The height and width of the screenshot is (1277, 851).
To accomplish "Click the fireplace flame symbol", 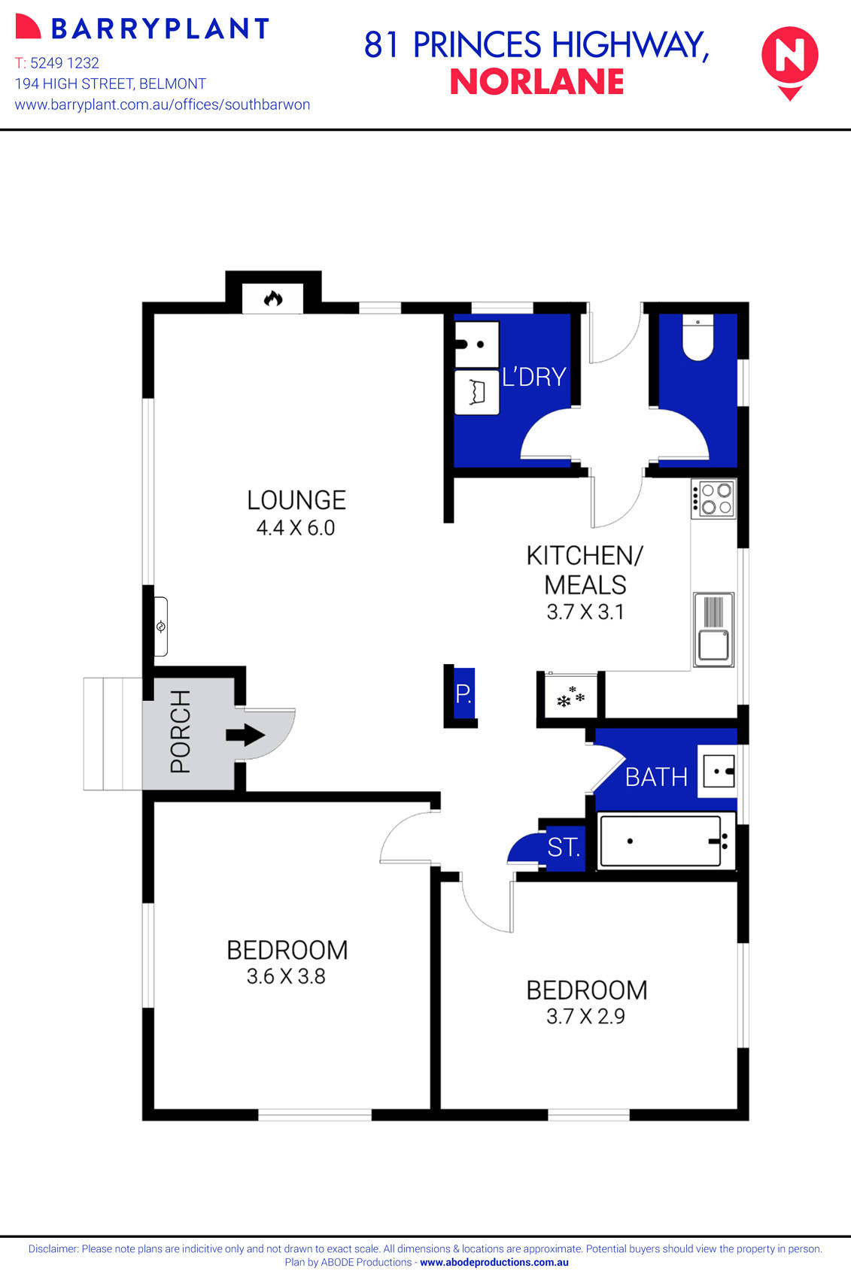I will click(272, 299).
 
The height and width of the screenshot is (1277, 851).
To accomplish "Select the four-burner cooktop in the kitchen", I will click(713, 499).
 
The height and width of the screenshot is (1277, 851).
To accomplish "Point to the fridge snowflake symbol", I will click(570, 697).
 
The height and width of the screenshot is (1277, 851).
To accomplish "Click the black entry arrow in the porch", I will click(245, 735).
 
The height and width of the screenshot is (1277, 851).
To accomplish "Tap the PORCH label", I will click(181, 732).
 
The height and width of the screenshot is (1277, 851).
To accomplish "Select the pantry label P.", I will click(463, 693).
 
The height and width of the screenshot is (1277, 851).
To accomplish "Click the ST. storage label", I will click(564, 848).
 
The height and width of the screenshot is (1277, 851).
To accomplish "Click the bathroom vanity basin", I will click(718, 771).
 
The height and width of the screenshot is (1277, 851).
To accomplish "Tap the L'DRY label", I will click(533, 376).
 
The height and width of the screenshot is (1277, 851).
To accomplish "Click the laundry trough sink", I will click(477, 344).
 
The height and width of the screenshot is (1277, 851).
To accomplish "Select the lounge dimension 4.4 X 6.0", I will click(296, 528).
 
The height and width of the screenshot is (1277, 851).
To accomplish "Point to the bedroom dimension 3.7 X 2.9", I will click(585, 1017).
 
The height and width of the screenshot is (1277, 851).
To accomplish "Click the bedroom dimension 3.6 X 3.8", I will click(286, 977).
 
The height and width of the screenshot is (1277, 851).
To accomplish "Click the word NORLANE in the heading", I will click(536, 82).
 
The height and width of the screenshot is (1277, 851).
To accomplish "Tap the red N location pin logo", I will click(789, 59).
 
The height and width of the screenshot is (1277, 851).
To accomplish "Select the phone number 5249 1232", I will click(65, 63).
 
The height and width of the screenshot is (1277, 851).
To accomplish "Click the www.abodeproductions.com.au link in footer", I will click(494, 1263).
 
